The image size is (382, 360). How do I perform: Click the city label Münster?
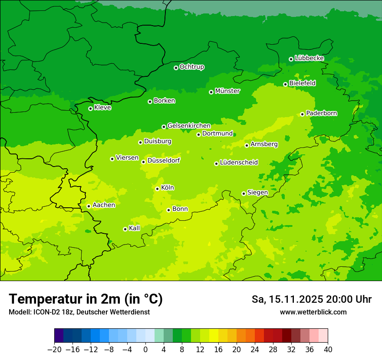tap(227, 91)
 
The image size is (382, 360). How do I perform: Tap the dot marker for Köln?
tap(157, 189)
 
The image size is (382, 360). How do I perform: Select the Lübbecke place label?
tap(309, 58)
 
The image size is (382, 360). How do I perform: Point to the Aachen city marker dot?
tap(89, 206)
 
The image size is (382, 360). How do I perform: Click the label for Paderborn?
tap(321, 113)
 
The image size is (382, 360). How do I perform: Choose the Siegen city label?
tap(257, 193)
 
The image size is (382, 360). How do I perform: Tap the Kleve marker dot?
tap(90, 108)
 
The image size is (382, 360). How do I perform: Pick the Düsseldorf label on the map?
tap(164, 161)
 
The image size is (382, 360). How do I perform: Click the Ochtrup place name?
tap(192, 67)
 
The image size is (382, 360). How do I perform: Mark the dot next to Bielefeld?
tap(285, 84)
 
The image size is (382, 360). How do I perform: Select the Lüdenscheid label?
tap(239, 163)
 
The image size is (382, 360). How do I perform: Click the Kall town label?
tap(135, 228)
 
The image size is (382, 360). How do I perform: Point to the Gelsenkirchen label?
tap(189, 126)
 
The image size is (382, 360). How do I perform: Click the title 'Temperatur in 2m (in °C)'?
tap(86, 299)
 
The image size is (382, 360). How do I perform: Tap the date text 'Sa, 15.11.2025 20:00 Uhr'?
tap(311, 299)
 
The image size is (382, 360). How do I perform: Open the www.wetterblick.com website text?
tap(313, 312)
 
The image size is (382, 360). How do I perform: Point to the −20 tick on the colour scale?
tap(54, 350)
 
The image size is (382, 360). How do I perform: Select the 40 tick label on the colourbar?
tap(328, 350)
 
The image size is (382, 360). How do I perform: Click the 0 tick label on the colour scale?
tap(145, 350)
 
